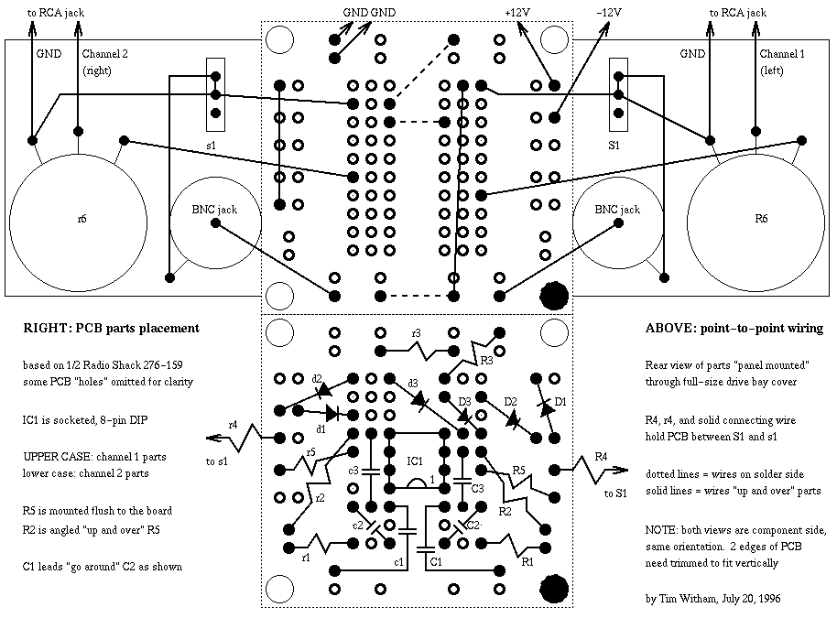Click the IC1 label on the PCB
416,460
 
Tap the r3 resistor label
417,332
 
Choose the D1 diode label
561,400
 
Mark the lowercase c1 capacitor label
398,560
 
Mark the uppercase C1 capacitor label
436,560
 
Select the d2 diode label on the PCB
317,378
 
